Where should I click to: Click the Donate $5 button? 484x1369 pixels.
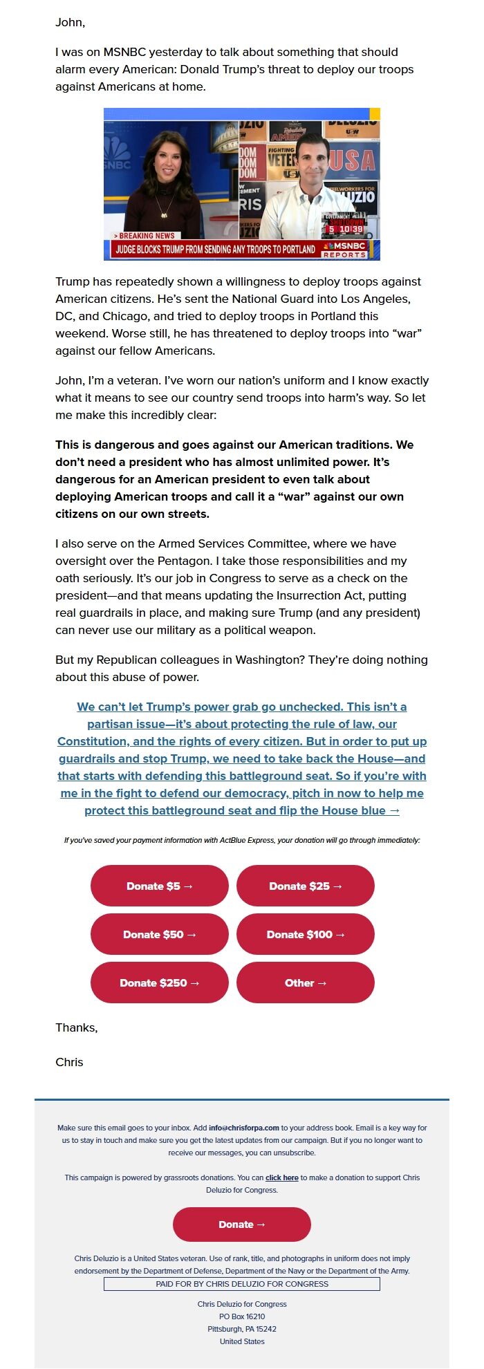tap(159, 886)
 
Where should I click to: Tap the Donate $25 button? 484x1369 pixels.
tap(305, 886)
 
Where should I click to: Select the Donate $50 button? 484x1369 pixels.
tap(159, 934)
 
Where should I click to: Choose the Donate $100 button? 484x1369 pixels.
tap(305, 934)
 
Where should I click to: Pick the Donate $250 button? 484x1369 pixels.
tap(159, 982)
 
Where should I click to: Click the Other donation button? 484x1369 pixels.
tap(305, 982)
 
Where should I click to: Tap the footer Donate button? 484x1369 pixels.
tap(241, 1224)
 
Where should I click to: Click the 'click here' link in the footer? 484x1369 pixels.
tap(281, 1177)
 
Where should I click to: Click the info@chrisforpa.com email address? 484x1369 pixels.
tap(244, 1128)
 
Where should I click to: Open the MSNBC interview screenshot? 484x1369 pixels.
tap(241, 184)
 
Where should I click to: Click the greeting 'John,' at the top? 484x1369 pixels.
tap(71, 22)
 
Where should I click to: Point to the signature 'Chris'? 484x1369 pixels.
tap(69, 1062)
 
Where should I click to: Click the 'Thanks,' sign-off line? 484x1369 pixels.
tap(76, 1027)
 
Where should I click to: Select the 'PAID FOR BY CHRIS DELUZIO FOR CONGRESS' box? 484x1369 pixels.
tap(241, 1284)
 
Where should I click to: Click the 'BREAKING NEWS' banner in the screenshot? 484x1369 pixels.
tap(146, 236)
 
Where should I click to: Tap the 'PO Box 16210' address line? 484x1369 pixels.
tap(241, 1316)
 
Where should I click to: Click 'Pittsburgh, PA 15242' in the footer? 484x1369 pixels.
tap(241, 1329)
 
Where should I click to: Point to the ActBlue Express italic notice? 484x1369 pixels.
tap(241, 840)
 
